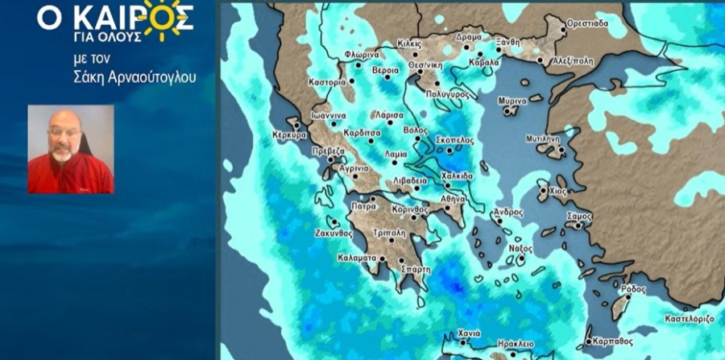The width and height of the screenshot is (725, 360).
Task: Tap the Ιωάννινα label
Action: point(329,115)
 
